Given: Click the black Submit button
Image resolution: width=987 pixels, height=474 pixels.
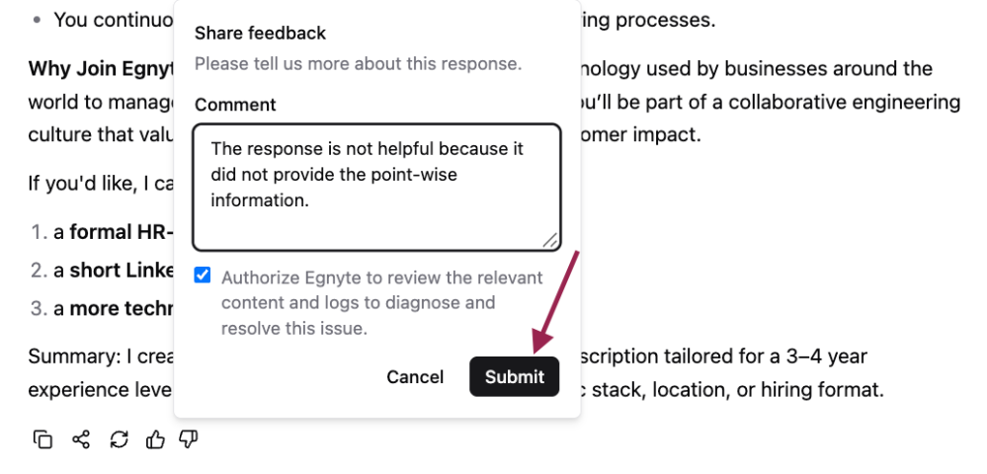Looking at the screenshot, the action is click(x=515, y=376).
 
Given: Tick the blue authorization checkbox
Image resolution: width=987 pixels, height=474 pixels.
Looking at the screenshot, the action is click(x=203, y=276).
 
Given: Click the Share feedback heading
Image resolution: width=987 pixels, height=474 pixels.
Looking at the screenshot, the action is click(x=260, y=33).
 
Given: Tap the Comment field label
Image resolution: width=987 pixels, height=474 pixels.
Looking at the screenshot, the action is click(x=235, y=105).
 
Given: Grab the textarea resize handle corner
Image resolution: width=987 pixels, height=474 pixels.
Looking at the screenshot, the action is click(x=549, y=239).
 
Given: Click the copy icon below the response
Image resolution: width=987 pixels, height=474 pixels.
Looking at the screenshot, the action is click(x=42, y=438).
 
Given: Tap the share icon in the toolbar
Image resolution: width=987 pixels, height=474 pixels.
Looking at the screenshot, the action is click(x=81, y=438).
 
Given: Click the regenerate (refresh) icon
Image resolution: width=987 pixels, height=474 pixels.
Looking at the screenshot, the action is click(x=119, y=438).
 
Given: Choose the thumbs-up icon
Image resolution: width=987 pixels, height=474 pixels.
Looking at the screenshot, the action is click(x=155, y=438).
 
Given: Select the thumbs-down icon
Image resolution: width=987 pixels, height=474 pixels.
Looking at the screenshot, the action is click(x=188, y=438).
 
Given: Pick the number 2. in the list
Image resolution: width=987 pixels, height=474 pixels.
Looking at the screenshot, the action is click(x=40, y=271).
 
